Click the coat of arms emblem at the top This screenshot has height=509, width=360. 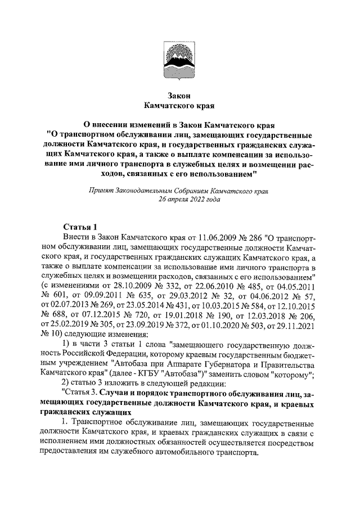click(x=180, y=61)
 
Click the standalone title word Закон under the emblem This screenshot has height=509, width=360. click(x=179, y=94)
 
